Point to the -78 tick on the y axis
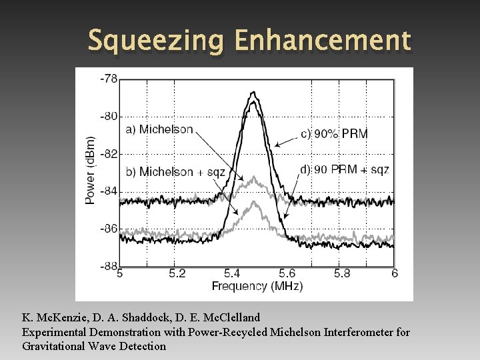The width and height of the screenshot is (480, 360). point(109,79)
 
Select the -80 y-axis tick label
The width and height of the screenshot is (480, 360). point(109,116)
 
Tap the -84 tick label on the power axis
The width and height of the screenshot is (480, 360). point(109,191)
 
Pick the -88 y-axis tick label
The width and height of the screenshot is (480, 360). point(109,266)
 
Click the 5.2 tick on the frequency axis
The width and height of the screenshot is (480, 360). point(177,274)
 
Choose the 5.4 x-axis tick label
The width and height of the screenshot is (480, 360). point(232,274)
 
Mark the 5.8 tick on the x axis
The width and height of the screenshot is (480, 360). point(342,274)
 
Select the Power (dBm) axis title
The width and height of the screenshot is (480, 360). point(90,171)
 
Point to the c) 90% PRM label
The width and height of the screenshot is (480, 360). point(334,134)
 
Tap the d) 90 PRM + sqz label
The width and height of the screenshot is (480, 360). point(345,169)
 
